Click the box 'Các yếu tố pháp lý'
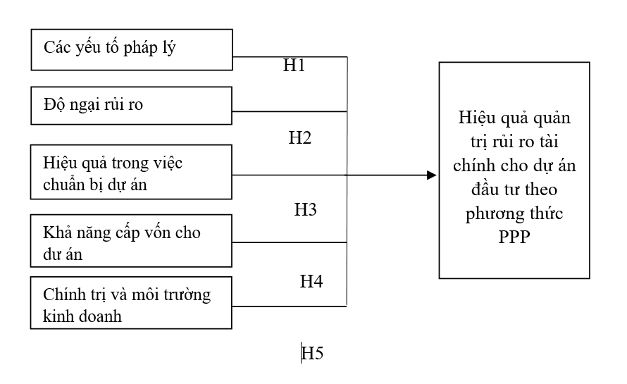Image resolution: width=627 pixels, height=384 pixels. pos(132,48)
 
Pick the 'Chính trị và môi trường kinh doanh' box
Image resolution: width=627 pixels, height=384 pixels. pos(132,304)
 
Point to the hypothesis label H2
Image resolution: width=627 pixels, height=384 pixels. pos(300,138)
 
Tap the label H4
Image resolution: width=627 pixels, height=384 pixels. pos(311,281)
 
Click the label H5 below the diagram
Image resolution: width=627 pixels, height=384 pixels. pos(312,353)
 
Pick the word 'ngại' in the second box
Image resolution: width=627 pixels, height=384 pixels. pos(82,106)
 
